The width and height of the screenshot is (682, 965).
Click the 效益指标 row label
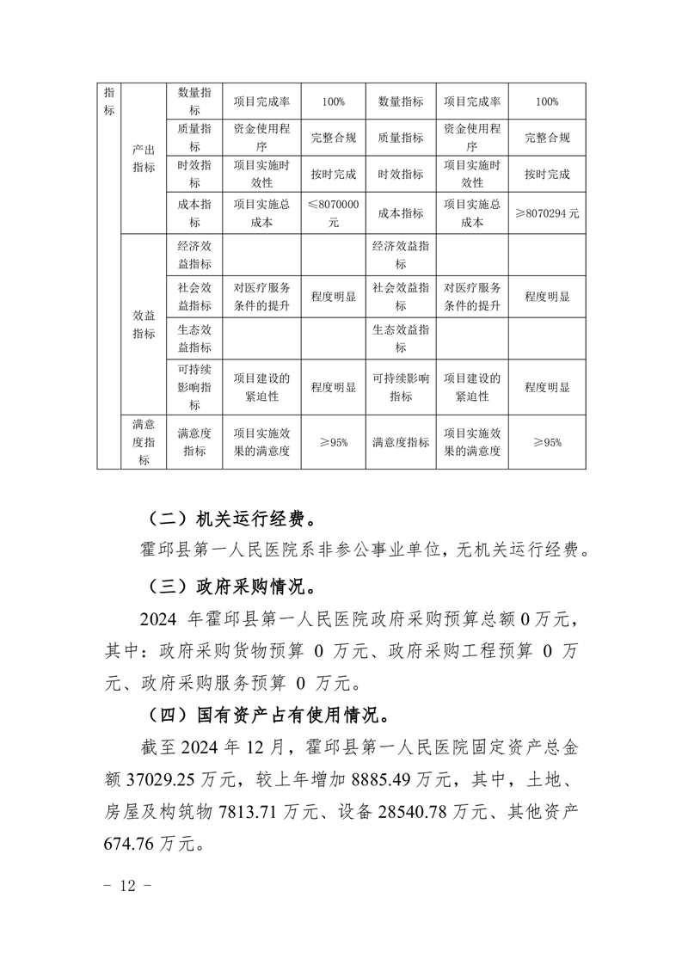[144, 324]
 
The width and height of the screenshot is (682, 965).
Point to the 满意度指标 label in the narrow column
[144, 442]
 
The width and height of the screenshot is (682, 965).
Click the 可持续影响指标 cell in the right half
[401, 387]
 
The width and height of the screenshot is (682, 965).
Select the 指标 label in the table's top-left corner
[109, 101]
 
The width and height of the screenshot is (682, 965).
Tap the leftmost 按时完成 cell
[333, 174]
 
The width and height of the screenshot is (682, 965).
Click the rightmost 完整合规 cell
[547, 138]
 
